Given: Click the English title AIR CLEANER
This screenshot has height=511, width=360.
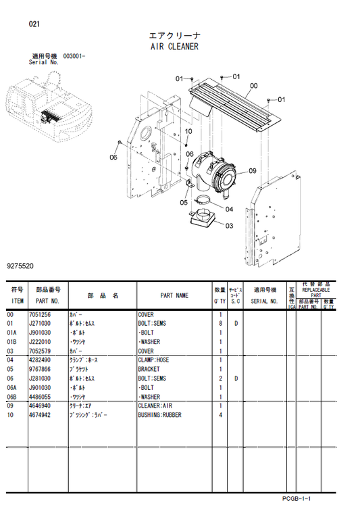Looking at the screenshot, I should pyautogui.click(x=174, y=47).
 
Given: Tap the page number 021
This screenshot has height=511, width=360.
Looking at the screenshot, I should pyautogui.click(x=34, y=24).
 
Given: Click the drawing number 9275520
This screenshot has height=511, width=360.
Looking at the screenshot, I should pyautogui.click(x=21, y=268).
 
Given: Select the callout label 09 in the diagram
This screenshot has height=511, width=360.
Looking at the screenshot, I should pyautogui.click(x=252, y=170).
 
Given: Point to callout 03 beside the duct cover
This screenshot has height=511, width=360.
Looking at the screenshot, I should pyautogui.click(x=229, y=226).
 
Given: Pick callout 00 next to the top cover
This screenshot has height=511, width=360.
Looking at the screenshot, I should pyautogui.click(x=253, y=86).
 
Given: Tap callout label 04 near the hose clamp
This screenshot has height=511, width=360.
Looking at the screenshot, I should pyautogui.click(x=229, y=209).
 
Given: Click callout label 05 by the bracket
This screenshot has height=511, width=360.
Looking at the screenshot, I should pyautogui.click(x=184, y=202).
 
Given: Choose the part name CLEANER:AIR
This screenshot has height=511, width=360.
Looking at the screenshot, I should pyautogui.click(x=158, y=406).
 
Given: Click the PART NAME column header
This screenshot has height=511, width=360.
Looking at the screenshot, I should pyautogui.click(x=174, y=295).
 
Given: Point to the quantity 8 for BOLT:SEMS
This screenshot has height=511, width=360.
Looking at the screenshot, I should pyautogui.click(x=220, y=324).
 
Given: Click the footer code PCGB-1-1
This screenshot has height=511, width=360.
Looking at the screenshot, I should pyautogui.click(x=297, y=497).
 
